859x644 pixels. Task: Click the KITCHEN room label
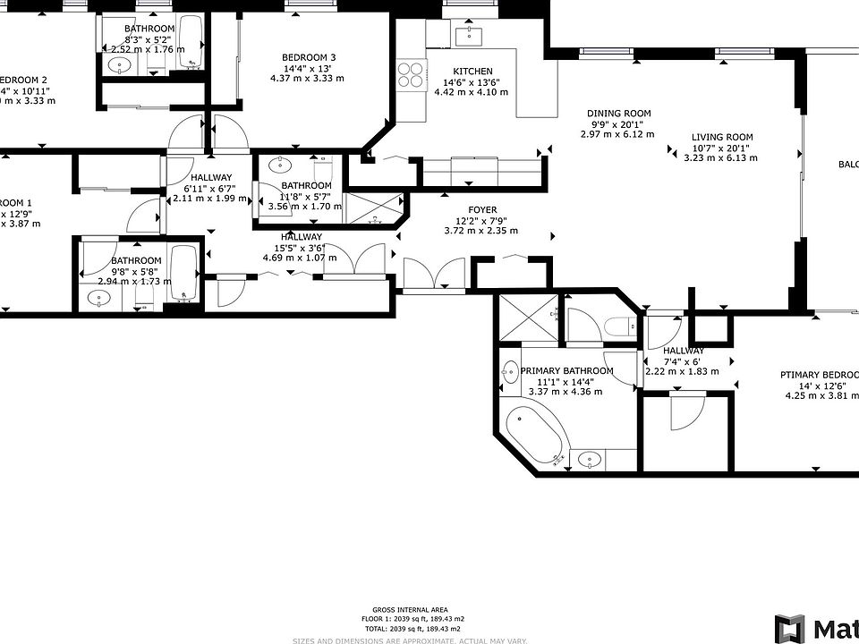[x=472, y=72]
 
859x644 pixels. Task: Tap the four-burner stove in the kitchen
[x=410, y=73]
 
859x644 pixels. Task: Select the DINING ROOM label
[x=618, y=114]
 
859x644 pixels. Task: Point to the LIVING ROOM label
[x=722, y=137]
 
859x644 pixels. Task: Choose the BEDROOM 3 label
[x=308, y=57]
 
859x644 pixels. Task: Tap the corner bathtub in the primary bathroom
[x=534, y=435]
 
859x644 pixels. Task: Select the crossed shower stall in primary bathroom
[x=528, y=318]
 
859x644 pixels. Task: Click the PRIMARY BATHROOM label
[x=567, y=370]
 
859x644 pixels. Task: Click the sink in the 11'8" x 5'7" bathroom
[x=281, y=165]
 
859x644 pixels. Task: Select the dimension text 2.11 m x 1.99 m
[x=209, y=199]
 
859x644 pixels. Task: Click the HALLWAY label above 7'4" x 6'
[x=684, y=351]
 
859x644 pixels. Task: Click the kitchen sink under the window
[x=468, y=37]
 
